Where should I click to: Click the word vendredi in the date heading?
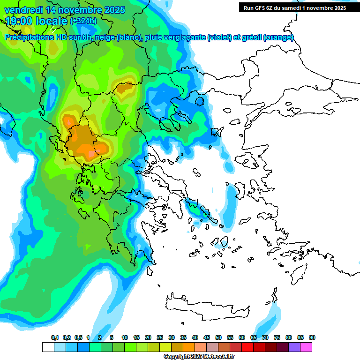coord(22,10)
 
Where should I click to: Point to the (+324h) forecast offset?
coord(83,21)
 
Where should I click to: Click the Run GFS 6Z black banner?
coord(293,7)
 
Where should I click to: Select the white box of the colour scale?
coord(48,347)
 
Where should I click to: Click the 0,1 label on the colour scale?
coord(55,338)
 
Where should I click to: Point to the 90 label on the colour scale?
coord(312,338)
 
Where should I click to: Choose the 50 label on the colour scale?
coord(218,338)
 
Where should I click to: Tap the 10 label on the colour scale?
coord(125,338)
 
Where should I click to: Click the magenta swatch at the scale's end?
coord(307,347)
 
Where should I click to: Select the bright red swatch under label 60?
coord(248,347)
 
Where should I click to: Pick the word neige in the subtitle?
coord(105,37)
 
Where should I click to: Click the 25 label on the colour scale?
coord(160,338)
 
